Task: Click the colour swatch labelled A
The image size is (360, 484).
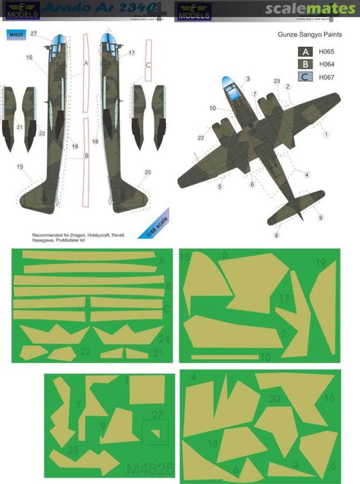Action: (306, 52)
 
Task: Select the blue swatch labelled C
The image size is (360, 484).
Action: (306, 77)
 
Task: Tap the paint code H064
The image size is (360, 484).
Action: (326, 65)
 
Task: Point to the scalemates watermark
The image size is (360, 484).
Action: (310, 9)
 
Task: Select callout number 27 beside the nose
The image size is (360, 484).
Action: (34, 34)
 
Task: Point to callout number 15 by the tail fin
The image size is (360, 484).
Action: (20, 167)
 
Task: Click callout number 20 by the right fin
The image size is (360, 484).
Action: (148, 173)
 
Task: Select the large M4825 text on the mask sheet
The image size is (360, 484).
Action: (150, 469)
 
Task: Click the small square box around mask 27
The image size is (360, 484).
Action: (155, 432)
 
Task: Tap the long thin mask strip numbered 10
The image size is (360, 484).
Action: (224, 357)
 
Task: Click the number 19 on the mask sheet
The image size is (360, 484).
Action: (320, 263)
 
